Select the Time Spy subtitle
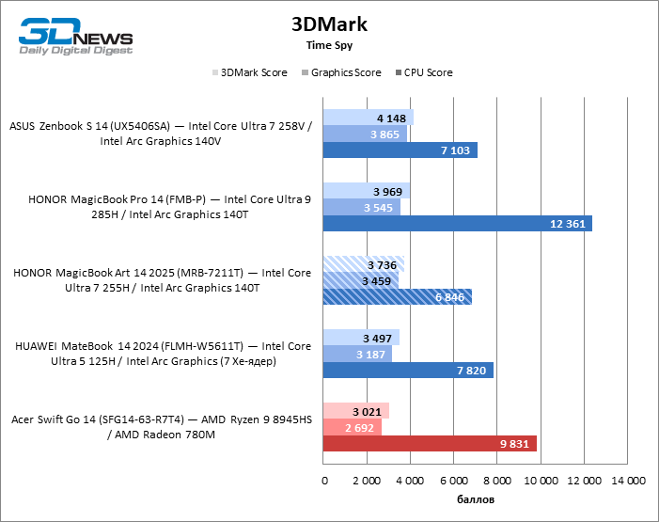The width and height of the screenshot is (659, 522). (x=329, y=45)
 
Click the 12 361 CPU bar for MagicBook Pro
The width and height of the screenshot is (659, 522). (x=457, y=224)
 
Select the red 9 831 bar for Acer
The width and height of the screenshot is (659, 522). (x=430, y=443)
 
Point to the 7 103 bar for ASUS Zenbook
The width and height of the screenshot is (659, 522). (x=400, y=150)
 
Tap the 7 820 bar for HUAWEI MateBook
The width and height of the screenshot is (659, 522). (x=408, y=370)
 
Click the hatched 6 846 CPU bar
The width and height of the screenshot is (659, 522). (x=398, y=297)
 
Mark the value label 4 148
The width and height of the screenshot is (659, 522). (x=392, y=119)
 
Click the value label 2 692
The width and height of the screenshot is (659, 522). (x=361, y=427)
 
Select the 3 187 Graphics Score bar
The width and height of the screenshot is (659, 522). (x=357, y=354)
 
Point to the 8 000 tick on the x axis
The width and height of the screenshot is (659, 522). (x=498, y=482)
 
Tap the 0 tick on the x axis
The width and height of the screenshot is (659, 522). (x=324, y=482)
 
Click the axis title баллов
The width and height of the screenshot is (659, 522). (x=476, y=498)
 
